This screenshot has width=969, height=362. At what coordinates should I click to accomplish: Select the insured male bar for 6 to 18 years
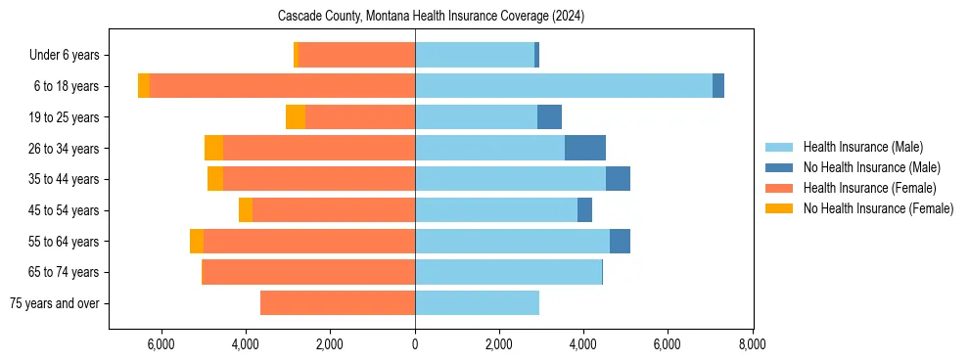pyautogui.click(x=564, y=86)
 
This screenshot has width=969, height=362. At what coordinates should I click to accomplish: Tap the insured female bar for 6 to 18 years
pyautogui.click(x=282, y=86)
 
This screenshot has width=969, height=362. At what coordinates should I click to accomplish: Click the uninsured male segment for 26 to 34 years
pyautogui.click(x=585, y=148)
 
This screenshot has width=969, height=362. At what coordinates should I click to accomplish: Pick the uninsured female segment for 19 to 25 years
pyautogui.click(x=296, y=117)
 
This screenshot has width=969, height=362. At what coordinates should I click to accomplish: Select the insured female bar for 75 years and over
pyautogui.click(x=338, y=303)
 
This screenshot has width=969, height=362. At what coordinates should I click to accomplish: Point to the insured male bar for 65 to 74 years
pyautogui.click(x=508, y=272)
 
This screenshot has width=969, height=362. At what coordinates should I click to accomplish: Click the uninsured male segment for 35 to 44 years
pyautogui.click(x=618, y=179)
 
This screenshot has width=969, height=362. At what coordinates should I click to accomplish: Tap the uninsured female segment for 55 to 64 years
pyautogui.click(x=197, y=241)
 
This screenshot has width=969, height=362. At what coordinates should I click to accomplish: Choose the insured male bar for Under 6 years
pyautogui.click(x=475, y=55)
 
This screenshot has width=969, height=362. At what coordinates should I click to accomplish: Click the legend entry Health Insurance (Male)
pyautogui.click(x=862, y=147)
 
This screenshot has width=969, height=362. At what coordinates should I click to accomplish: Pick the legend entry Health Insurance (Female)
pyautogui.click(x=869, y=188)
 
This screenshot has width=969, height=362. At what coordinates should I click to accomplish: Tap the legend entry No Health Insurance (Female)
pyautogui.click(x=878, y=208)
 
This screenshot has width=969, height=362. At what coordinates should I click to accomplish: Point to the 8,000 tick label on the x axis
pyautogui.click(x=752, y=344)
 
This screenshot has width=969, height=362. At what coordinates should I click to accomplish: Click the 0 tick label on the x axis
pyautogui.click(x=415, y=344)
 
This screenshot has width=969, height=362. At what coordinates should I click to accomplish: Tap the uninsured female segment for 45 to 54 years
pyautogui.click(x=246, y=210)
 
